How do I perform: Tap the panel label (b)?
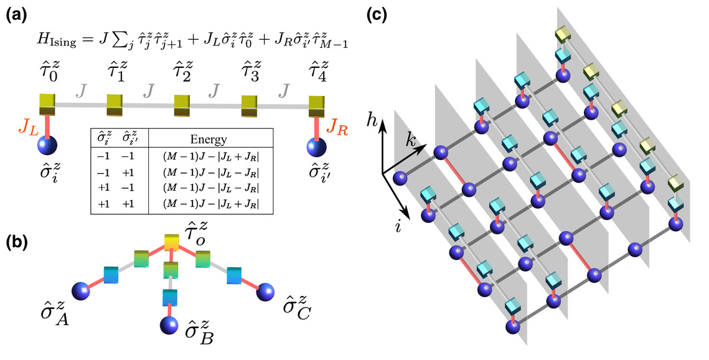(16, 243)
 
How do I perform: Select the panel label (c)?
(376, 16)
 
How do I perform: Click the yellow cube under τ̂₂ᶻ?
(182, 105)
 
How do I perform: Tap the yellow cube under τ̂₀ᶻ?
(47, 105)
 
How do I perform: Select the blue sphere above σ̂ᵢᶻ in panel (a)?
(47, 146)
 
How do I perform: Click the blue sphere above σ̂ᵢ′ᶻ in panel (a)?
(316, 146)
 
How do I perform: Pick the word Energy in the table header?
(209, 140)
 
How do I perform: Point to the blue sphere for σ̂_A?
(81, 290)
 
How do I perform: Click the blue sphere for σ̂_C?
(265, 291)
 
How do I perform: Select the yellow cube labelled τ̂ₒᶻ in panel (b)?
(171, 243)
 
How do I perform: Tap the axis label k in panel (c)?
(411, 141)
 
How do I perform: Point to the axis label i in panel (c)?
(398, 226)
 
